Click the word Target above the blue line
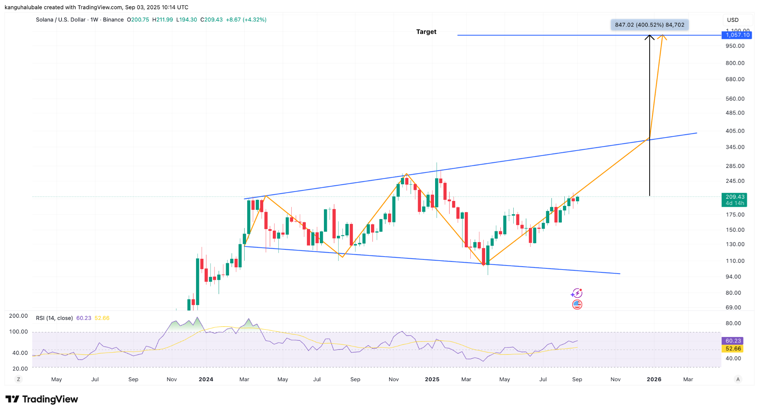point(426,32)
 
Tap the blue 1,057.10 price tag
point(737,35)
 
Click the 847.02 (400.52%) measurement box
point(649,25)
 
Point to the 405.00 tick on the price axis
point(735,131)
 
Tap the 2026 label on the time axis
point(654,379)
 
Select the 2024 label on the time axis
point(206,379)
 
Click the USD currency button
point(733,20)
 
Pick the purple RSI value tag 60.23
point(733,341)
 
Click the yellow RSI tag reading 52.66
point(733,349)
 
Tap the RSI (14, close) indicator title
point(54,318)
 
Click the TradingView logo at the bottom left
point(42,399)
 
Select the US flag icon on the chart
point(577,305)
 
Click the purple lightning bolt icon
point(577,294)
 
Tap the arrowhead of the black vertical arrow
point(649,37)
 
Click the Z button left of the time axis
point(18,379)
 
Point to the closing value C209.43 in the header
point(212,20)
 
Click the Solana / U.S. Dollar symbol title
point(61,20)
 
